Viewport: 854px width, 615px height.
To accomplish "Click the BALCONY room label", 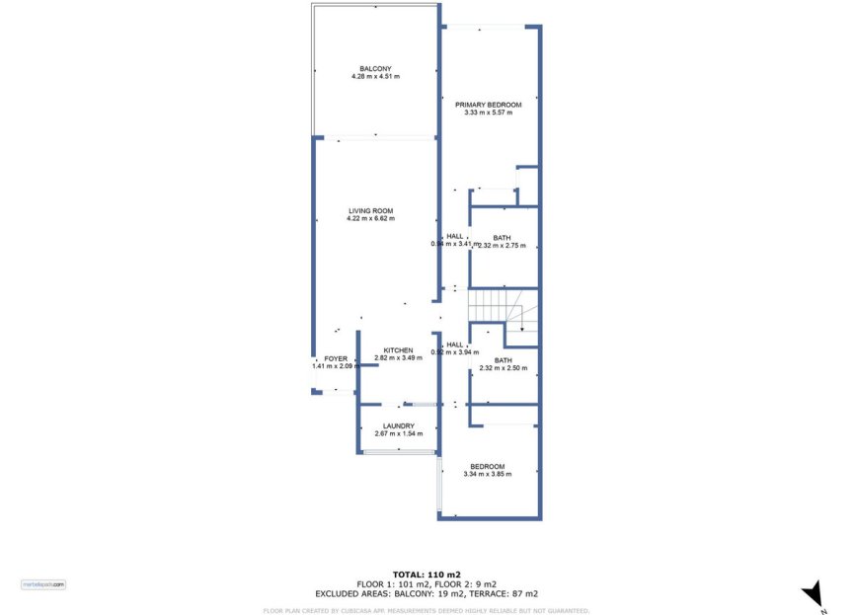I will (375, 68).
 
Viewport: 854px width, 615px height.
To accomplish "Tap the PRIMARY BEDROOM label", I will (488, 104).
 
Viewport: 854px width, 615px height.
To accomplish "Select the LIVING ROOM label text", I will (370, 210).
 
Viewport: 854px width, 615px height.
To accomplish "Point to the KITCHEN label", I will (398, 350).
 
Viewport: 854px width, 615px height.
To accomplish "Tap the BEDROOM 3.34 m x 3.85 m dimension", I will (488, 475).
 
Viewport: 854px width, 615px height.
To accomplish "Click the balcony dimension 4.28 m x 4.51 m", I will (375, 76).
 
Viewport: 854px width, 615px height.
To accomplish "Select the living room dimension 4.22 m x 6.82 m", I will (370, 218).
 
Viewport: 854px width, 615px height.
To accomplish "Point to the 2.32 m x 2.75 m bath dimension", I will (503, 245).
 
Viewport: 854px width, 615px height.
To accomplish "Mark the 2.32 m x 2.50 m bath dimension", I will (503, 368).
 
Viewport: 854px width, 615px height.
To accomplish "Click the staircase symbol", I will (503, 310).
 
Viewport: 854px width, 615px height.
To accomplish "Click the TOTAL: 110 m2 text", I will (427, 575).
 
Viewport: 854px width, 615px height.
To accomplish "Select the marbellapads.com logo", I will (44, 584).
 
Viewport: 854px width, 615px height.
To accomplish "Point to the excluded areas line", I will (427, 594).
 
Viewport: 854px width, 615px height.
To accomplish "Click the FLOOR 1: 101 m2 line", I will (427, 584).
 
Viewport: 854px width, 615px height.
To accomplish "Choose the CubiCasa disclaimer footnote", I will (427, 610).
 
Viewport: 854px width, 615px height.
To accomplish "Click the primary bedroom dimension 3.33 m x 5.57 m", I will (488, 112).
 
